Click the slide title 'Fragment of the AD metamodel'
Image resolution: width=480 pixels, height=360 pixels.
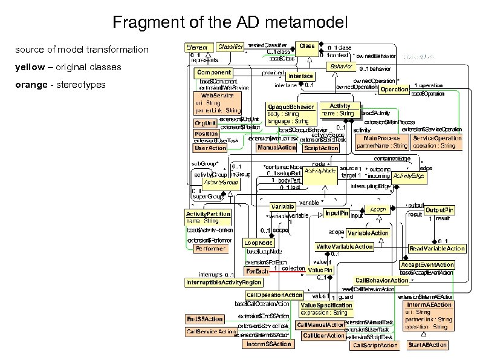coord(230,24)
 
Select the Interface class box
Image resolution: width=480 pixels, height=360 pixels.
coord(300,76)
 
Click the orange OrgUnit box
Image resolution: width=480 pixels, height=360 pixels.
coord(206,123)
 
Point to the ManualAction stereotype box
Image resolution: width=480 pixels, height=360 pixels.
coord(276,148)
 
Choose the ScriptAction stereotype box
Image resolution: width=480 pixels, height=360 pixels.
coord(321,148)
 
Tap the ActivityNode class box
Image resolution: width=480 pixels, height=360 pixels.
coord(320,172)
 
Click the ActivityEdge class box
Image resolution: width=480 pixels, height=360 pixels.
coord(408,176)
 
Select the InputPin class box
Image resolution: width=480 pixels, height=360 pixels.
coord(337,213)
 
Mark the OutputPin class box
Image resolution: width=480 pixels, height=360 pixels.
coord(439,209)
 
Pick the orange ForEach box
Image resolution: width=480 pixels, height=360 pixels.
coord(256,270)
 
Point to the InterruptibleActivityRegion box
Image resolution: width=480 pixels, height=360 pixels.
coord(224,283)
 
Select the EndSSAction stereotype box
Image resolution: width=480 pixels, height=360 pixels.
coord(204,319)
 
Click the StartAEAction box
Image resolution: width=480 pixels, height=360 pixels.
coord(427,345)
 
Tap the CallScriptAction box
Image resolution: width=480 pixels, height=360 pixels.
coord(375,345)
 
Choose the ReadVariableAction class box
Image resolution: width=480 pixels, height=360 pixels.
coord(437,249)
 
